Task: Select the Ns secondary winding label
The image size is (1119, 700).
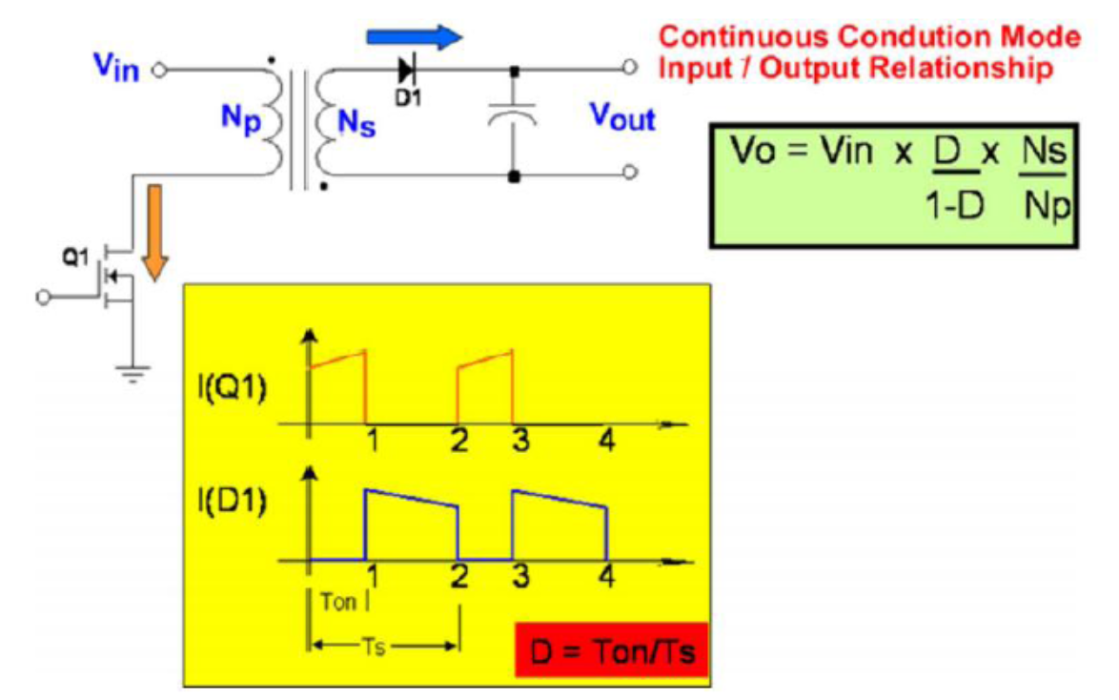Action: (356, 123)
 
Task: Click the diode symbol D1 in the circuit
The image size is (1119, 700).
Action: (407, 69)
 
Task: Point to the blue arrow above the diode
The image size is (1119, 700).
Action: (414, 37)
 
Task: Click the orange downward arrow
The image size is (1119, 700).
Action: (154, 233)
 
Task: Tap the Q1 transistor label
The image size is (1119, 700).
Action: (76, 257)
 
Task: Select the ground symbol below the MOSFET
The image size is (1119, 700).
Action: (132, 375)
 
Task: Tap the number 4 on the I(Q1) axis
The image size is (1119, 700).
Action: (606, 442)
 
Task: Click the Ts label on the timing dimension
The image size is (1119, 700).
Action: (378, 645)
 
